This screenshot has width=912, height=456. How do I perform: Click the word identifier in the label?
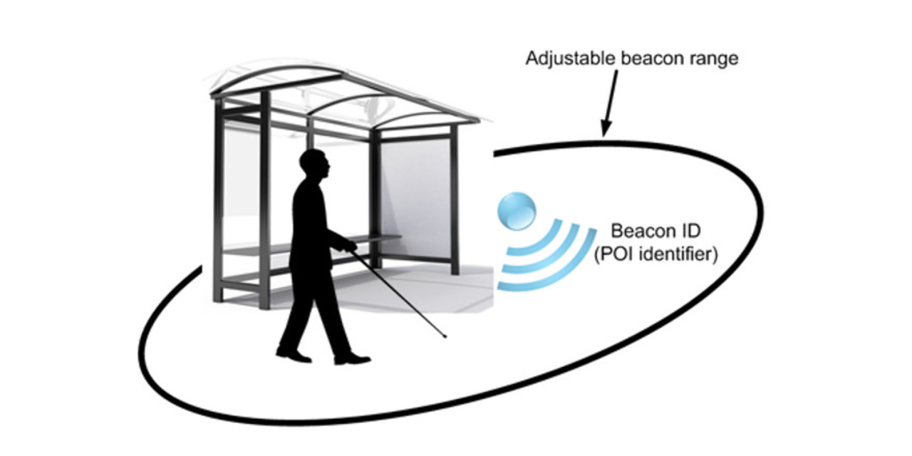(676, 254)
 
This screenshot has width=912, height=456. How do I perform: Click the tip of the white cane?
(446, 336)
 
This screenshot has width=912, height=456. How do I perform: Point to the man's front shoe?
(353, 359)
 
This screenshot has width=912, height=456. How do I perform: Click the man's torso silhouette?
(310, 221)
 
